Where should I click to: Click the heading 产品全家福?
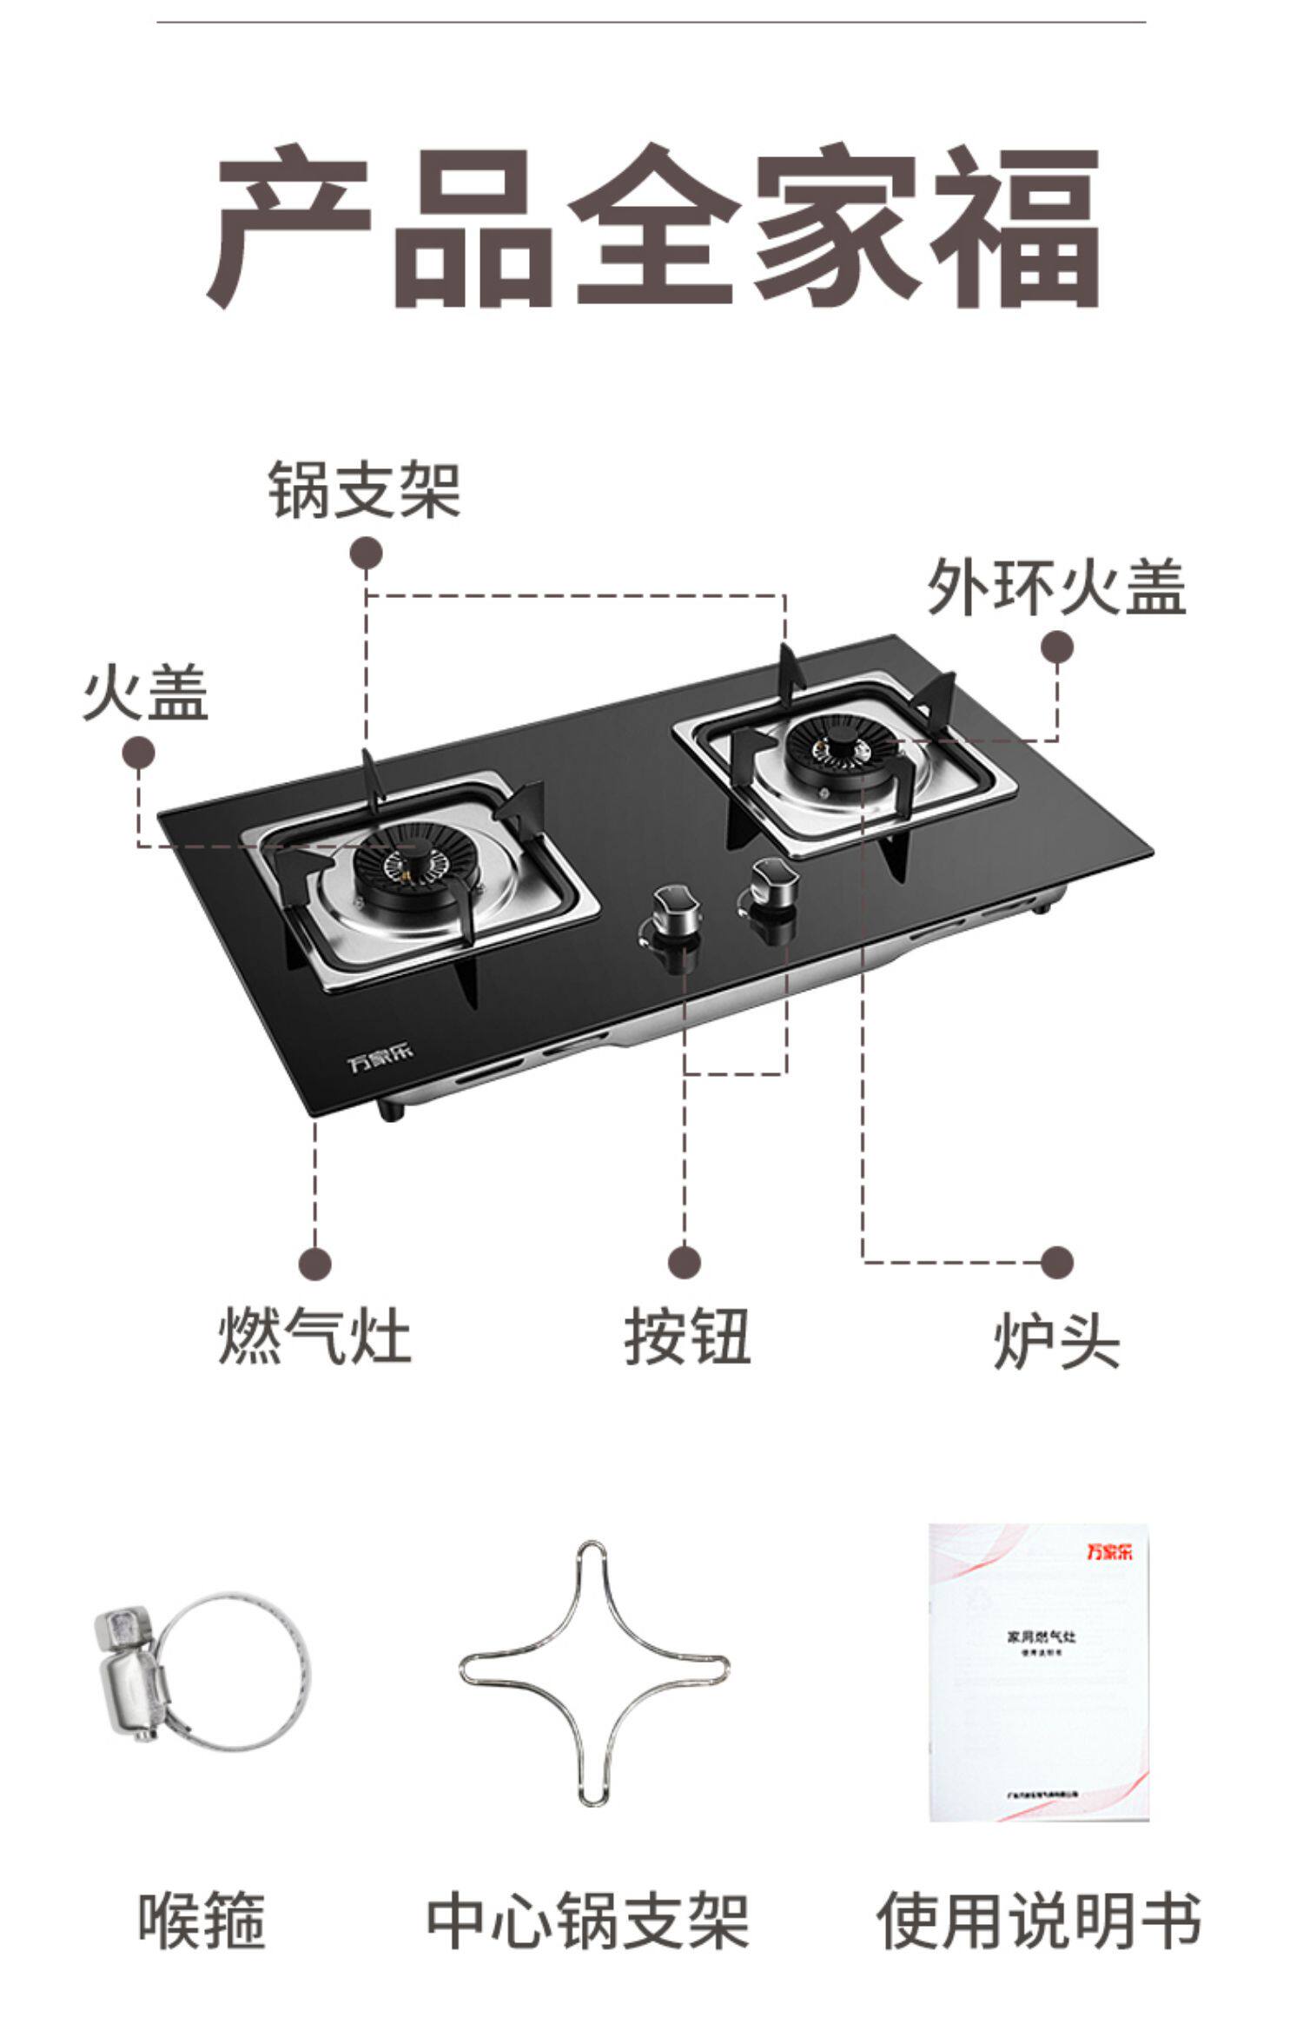651,228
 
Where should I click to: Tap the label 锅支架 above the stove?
364,491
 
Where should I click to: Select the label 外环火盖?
1056,587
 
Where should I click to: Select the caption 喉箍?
202,1918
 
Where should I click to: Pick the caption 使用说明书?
1038,1918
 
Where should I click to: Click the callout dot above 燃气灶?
315,1263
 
